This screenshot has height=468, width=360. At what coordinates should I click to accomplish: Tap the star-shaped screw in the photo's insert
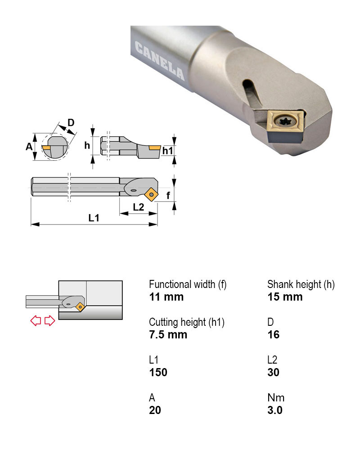pyautogui.click(x=284, y=122)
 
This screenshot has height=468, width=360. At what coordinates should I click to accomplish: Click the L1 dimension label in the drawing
pyautogui.click(x=94, y=218)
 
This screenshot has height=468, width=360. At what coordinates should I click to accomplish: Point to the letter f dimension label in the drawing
pyautogui.click(x=168, y=195)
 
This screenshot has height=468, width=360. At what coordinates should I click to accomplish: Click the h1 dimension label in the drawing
pyautogui.click(x=167, y=151)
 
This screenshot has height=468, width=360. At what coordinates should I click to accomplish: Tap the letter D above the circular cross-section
pyautogui.click(x=71, y=122)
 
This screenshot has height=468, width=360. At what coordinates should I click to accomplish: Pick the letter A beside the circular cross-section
pyautogui.click(x=29, y=147)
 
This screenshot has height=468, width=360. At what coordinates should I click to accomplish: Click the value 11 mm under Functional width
pyautogui.click(x=166, y=297)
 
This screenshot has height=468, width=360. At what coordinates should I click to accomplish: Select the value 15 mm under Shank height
pyautogui.click(x=285, y=297)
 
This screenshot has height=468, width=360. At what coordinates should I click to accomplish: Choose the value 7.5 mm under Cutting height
pyautogui.click(x=168, y=335)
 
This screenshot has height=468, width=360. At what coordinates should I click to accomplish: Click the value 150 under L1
pyautogui.click(x=158, y=373)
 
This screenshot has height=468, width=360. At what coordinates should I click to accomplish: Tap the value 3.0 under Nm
pyautogui.click(x=275, y=410)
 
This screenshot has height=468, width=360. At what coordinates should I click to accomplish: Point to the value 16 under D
pyautogui.click(x=273, y=335)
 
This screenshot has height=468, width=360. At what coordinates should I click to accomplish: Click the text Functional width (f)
pyautogui.click(x=188, y=284)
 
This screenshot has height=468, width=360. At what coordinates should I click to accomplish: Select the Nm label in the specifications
pyautogui.click(x=276, y=398)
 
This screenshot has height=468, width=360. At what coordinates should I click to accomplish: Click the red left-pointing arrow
pyautogui.click(x=36, y=321)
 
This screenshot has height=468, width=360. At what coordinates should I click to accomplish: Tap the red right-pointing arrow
pyautogui.click(x=49, y=321)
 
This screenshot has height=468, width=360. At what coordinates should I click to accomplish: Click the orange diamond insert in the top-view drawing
pyautogui.click(x=152, y=195)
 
